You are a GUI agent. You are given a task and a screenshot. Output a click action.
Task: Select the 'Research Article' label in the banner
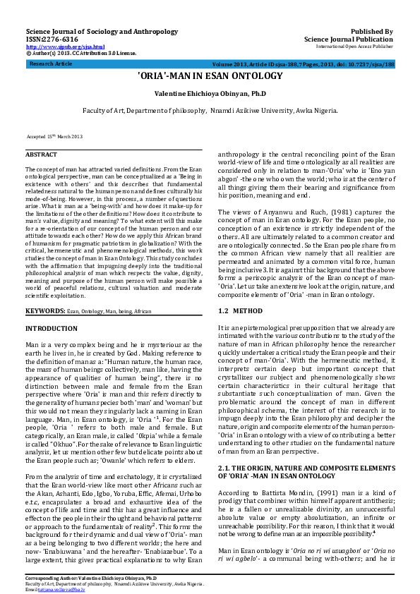51,63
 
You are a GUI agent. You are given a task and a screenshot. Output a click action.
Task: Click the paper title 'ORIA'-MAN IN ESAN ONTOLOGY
210,75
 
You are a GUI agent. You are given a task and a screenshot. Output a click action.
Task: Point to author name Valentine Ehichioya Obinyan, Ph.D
210,93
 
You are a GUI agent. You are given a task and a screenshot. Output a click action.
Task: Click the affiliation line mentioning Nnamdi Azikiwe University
210,111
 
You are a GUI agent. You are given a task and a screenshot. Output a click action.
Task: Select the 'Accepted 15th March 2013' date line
55,135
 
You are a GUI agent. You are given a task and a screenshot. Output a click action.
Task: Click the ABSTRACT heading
42,154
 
